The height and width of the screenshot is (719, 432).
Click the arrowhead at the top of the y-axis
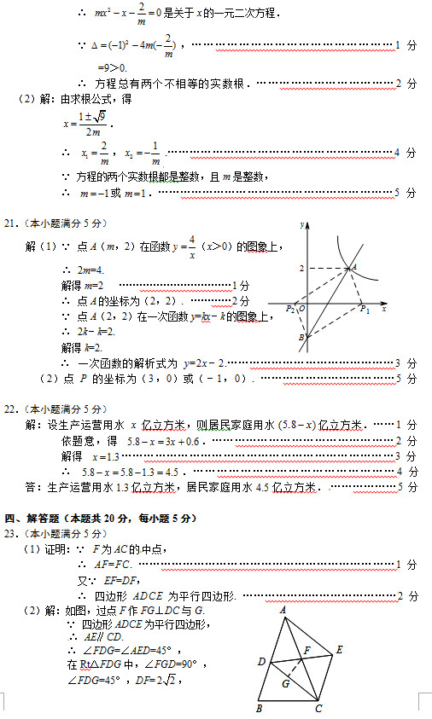coord(307,224)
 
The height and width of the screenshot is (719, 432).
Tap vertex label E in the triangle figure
coord(340,649)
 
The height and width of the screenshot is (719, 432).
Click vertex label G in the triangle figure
coord(285,682)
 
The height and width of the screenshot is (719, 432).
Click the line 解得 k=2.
coord(83,347)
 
